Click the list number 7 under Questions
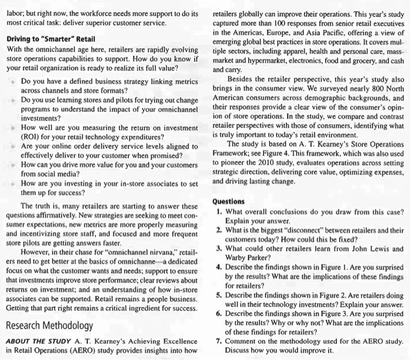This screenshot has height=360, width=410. pyautogui.click(x=218, y=341)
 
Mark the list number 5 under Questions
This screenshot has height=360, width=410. pyautogui.click(x=218, y=297)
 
